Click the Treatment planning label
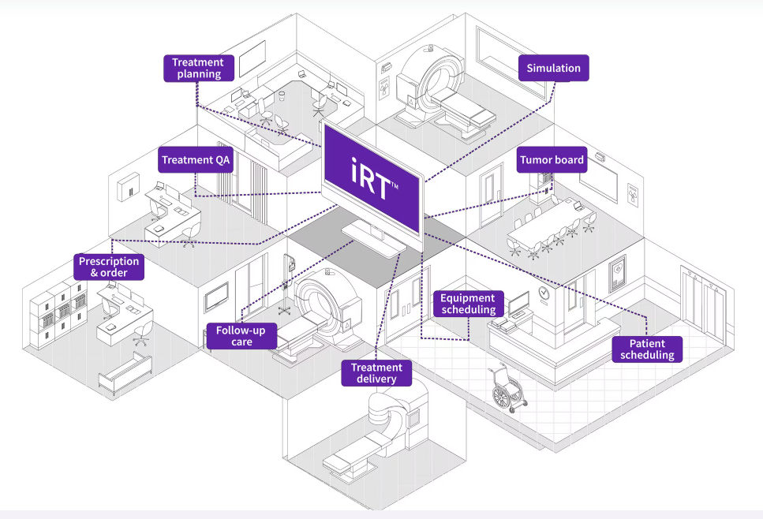198,68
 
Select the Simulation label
553,68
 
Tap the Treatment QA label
196,159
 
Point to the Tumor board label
552,159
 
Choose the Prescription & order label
109,267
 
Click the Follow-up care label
241,336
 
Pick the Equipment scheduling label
468,304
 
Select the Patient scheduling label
647,349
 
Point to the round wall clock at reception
544,293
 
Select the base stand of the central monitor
374,237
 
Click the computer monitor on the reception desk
519,304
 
